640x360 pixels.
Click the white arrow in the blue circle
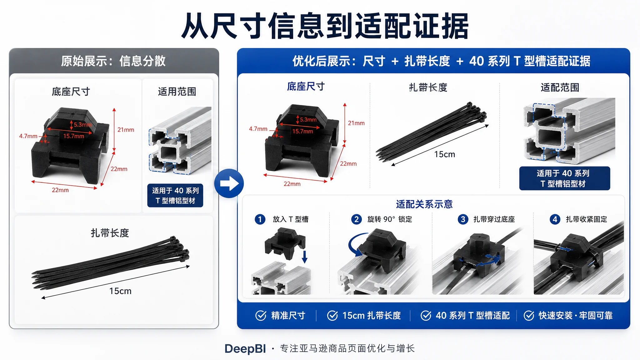(229, 183)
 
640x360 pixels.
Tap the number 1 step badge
(260, 219)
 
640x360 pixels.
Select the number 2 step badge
(356, 219)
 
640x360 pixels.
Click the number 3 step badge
(463, 219)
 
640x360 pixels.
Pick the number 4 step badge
(555, 219)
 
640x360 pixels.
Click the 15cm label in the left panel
(120, 291)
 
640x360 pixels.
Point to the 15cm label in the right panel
(444, 154)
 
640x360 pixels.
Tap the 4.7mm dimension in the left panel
(28, 136)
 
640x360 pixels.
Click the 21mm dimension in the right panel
(356, 123)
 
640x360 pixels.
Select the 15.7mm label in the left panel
(74, 136)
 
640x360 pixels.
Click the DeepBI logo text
(245, 349)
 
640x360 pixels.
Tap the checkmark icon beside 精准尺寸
(261, 316)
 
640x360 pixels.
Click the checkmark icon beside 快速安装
(529, 316)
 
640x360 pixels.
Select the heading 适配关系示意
(424, 204)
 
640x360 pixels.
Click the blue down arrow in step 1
(305, 257)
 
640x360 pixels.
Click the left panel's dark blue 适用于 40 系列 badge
(175, 196)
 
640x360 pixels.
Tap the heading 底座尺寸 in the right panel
(306, 87)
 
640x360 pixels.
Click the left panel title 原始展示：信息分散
(113, 61)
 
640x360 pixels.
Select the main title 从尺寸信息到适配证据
(325, 26)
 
